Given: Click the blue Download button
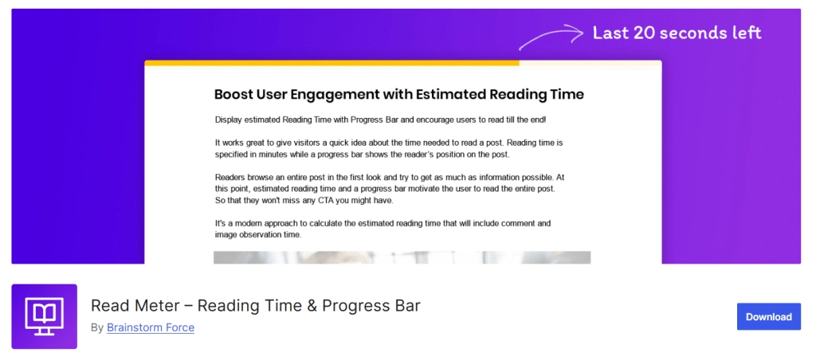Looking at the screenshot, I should [x=768, y=316].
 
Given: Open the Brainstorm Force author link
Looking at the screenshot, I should [x=151, y=327].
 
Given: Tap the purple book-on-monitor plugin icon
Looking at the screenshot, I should [x=45, y=316].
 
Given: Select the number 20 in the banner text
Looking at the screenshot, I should [x=645, y=33].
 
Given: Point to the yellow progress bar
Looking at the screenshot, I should [x=331, y=62].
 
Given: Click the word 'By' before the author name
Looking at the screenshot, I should [x=97, y=327].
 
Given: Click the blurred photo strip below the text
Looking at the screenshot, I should [x=402, y=257].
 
